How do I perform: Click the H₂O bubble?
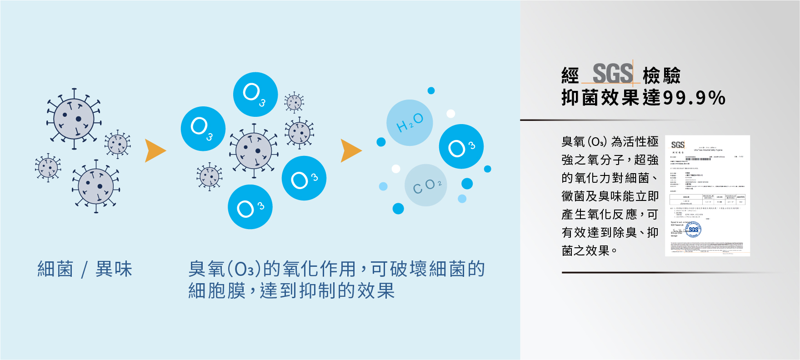[410, 123]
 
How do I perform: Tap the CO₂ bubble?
[426, 185]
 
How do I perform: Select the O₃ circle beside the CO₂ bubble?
[461, 146]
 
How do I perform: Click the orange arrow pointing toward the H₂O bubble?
[350, 151]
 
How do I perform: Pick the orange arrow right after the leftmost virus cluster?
[155, 151]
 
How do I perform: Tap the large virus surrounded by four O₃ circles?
[254, 151]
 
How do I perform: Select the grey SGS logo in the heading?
[612, 73]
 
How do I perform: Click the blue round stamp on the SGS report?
[693, 230]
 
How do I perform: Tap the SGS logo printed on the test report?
[678, 145]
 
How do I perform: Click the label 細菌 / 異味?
[85, 269]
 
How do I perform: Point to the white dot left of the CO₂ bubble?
[396, 169]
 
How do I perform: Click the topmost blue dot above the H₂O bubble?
[431, 90]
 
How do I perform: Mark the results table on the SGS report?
[707, 199]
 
